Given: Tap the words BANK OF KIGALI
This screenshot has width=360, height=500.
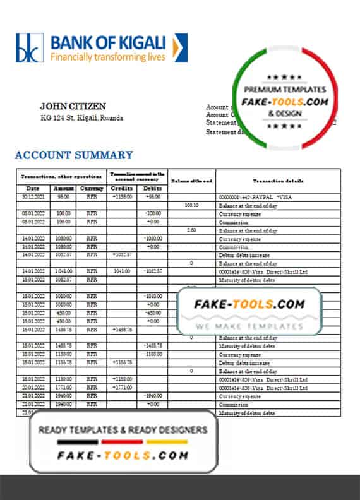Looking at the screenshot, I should [x=108, y=43].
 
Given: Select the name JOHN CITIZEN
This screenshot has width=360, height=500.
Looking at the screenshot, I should [x=73, y=106].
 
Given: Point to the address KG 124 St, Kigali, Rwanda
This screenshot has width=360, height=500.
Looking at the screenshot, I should [x=81, y=118].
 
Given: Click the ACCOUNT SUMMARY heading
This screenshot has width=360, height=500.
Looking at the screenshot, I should [x=74, y=155].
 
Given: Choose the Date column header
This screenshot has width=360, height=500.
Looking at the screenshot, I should [x=32, y=189].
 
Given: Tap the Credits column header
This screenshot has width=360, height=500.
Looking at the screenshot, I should [x=121, y=189].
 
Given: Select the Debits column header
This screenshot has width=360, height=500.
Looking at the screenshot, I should [x=152, y=189].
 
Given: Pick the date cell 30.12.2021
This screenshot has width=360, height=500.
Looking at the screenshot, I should [x=32, y=197].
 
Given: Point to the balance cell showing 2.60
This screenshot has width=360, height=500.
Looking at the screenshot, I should [x=191, y=230].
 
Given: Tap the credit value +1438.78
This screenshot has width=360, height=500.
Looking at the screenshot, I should [x=121, y=330].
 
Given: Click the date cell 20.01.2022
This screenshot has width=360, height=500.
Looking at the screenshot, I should [x=32, y=388].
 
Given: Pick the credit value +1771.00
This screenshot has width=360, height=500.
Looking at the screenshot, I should [x=121, y=388].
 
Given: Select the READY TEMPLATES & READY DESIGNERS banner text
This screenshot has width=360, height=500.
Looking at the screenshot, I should [x=123, y=430].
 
